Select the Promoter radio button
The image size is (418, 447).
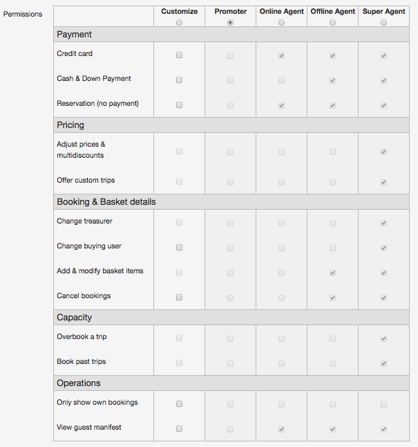[x=230, y=23]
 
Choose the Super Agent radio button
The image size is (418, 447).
[x=383, y=23]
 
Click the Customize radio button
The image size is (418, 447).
[x=179, y=23]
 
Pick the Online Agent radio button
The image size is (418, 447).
[x=281, y=23]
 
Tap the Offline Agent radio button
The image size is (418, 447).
[x=332, y=23]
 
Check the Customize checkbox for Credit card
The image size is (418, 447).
[x=179, y=55]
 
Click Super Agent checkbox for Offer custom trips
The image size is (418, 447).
[x=383, y=182]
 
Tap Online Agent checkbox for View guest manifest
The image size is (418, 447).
[x=281, y=429]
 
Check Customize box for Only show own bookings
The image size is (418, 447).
[x=179, y=403]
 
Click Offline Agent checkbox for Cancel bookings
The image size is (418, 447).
[x=332, y=298]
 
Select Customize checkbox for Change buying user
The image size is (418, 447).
[x=179, y=248]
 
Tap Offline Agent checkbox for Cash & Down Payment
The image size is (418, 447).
[x=332, y=80]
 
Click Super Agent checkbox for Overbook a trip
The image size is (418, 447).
[x=383, y=338]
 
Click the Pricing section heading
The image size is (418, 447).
[x=70, y=125]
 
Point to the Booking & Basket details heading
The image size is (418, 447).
[x=106, y=202]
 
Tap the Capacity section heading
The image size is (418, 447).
[x=75, y=318]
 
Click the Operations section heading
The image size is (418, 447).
[x=79, y=383]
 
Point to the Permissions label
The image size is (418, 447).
[x=23, y=14]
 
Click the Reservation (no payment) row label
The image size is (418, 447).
[x=97, y=104]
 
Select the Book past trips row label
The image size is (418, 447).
[x=82, y=362]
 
